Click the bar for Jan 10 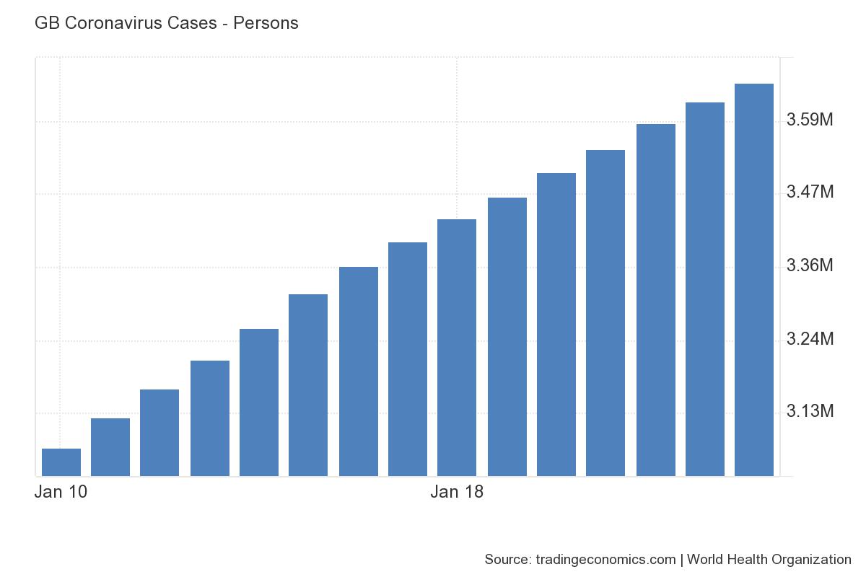click(61, 462)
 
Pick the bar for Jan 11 click(110, 447)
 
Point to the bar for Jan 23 click(705, 289)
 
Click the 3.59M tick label click(810, 119)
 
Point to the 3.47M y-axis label click(810, 192)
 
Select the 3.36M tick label click(810, 265)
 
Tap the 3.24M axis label click(810, 338)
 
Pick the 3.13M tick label click(810, 411)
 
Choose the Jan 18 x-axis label click(457, 493)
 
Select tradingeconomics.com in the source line click(605, 559)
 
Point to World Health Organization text click(769, 559)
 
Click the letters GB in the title click(45, 23)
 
